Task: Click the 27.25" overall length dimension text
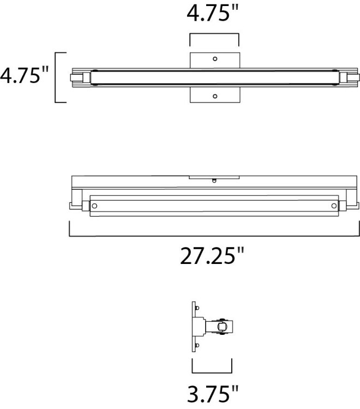click(212, 255)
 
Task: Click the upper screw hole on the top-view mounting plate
click(215, 58)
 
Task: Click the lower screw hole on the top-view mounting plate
click(215, 96)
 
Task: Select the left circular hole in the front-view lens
click(95, 206)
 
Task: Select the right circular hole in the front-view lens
click(333, 206)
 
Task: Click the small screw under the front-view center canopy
click(214, 181)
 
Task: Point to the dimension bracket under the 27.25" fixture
click(214, 236)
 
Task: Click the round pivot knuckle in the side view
click(221, 327)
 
